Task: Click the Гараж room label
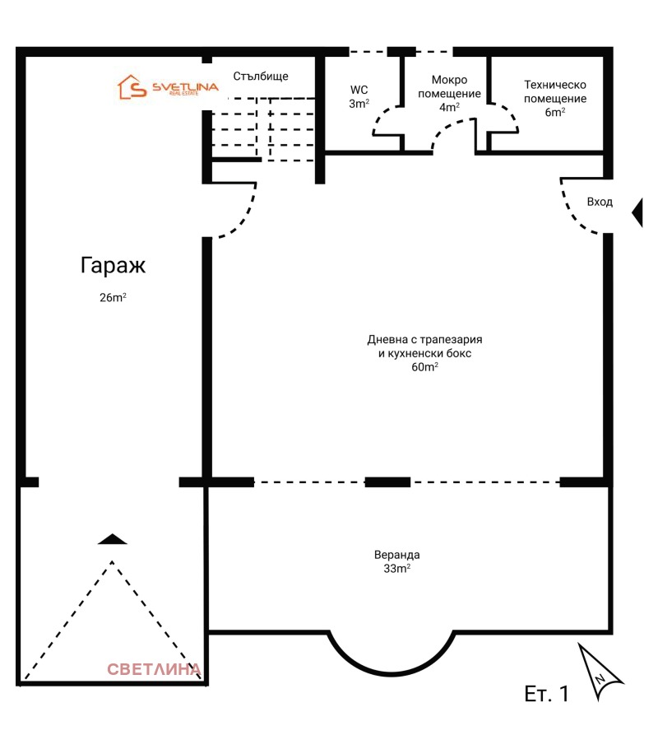113,266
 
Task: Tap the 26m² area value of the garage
113,298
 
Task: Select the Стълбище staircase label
260,77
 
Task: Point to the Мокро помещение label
449,86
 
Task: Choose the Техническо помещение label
555,91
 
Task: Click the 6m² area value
555,113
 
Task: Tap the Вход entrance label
599,202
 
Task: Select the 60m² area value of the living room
424,367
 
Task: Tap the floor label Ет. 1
546,694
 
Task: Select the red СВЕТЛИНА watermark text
154,669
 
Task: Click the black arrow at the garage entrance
112,539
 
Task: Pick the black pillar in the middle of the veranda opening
387,482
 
